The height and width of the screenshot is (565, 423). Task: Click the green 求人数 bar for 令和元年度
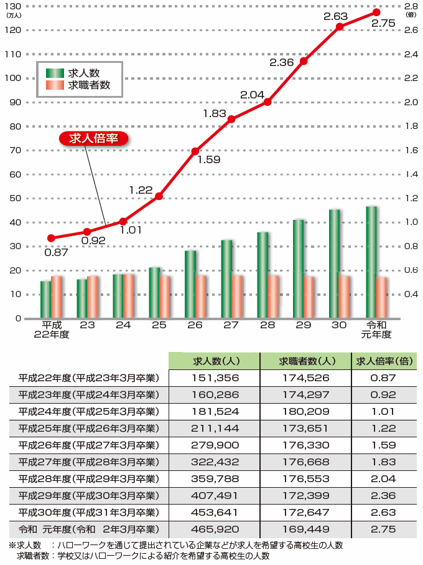pyautogui.click(x=371, y=262)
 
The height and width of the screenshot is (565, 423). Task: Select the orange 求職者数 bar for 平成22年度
pyautogui.click(x=57, y=297)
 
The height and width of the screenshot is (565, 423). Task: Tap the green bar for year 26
pyautogui.click(x=190, y=284)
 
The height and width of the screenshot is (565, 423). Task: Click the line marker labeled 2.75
pyautogui.click(x=376, y=12)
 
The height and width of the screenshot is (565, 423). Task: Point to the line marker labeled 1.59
pyautogui.click(x=195, y=151)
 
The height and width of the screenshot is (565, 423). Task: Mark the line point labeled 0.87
pyautogui.click(x=51, y=238)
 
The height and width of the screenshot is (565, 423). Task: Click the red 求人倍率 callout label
pyautogui.click(x=93, y=138)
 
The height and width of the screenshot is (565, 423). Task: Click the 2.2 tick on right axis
pyautogui.click(x=411, y=78)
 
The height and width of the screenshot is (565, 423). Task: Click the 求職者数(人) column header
pyautogui.click(x=304, y=361)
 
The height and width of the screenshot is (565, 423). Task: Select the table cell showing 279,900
pyautogui.click(x=214, y=445)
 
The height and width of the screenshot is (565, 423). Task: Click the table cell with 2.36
pyautogui.click(x=383, y=496)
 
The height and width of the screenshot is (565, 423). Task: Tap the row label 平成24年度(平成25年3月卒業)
pyautogui.click(x=88, y=412)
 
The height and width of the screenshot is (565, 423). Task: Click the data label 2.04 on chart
pyautogui.click(x=252, y=95)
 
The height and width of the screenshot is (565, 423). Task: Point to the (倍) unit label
pyautogui.click(x=411, y=13)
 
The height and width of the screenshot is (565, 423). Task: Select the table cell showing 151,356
pyautogui.click(x=214, y=378)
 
